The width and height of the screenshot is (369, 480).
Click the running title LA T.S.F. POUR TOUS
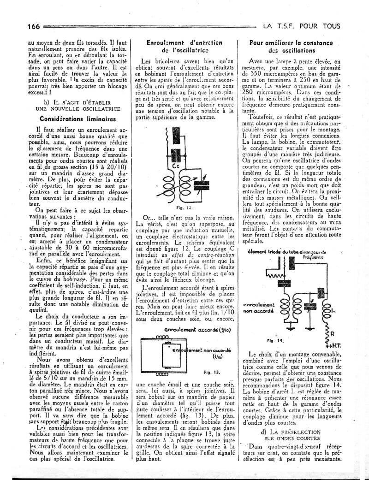coord(302,26)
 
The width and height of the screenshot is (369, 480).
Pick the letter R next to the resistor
coord(331,333)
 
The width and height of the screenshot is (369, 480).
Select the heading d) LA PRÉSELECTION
coord(291,432)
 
